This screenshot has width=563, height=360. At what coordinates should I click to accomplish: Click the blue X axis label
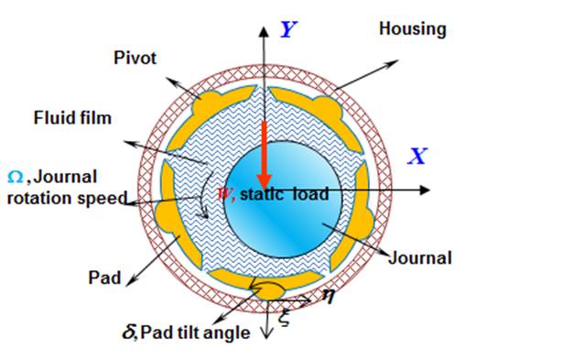(x=417, y=156)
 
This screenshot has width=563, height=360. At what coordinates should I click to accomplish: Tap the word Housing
(x=413, y=28)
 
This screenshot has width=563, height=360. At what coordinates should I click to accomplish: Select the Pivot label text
(x=135, y=58)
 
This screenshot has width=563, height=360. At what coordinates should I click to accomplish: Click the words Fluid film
(x=73, y=117)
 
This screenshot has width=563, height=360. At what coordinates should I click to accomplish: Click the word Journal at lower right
(x=421, y=257)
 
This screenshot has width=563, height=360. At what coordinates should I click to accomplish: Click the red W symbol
(x=222, y=194)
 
